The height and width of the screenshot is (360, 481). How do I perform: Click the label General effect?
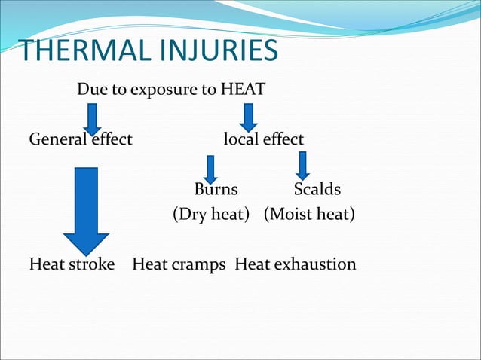[81, 139]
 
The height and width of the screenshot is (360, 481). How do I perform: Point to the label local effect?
[264, 139]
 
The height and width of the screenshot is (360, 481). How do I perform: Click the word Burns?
[216, 188]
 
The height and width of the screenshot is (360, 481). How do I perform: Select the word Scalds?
[317, 188]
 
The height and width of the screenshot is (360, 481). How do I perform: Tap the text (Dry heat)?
[211, 215]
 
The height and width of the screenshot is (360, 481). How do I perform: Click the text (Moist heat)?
[309, 215]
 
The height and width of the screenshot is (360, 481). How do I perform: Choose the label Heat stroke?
[72, 264]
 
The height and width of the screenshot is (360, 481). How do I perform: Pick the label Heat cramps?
[179, 264]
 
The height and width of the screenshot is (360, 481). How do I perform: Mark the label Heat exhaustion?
[296, 264]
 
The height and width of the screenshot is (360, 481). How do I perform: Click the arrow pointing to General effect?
[92, 118]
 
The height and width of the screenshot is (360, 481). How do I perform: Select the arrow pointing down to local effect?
[249, 117]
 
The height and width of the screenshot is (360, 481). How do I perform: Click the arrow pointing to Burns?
[211, 169]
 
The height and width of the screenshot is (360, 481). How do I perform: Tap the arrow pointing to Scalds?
[302, 166]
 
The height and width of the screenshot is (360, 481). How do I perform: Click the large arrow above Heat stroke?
[87, 211]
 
